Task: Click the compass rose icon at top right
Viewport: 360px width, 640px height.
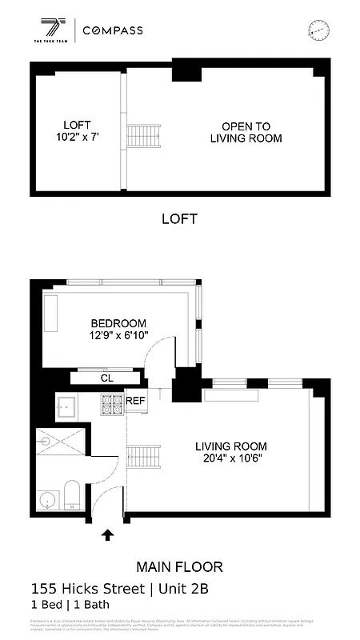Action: [318, 30]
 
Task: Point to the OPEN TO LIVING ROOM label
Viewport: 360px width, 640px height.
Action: [246, 132]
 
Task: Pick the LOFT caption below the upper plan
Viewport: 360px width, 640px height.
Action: [179, 218]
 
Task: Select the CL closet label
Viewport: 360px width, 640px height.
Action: [106, 378]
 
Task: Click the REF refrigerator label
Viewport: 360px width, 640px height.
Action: [135, 401]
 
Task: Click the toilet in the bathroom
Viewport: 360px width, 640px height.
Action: [71, 494]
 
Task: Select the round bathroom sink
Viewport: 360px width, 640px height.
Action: [47, 500]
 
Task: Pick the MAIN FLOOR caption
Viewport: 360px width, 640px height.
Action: [179, 567]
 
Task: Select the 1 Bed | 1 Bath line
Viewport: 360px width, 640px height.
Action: [70, 605]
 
